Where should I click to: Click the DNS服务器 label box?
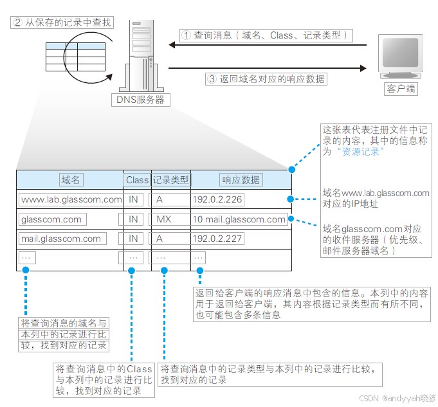(x=140, y=100)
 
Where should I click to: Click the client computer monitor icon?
(x=401, y=57)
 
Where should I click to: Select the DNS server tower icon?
(x=140, y=55)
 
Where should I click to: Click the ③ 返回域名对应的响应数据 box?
(x=266, y=79)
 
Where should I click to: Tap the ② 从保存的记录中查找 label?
(x=62, y=23)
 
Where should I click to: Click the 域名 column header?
(x=71, y=180)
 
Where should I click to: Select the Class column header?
(x=137, y=180)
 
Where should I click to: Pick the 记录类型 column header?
(x=170, y=180)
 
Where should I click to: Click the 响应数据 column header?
(x=241, y=180)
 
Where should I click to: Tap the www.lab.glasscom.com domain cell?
(x=71, y=199)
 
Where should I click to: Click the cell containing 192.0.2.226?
(x=217, y=199)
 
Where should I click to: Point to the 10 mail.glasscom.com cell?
(x=239, y=219)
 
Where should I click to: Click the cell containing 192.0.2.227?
(x=217, y=239)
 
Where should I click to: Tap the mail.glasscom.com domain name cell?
(x=62, y=239)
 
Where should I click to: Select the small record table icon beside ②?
(x=76, y=57)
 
